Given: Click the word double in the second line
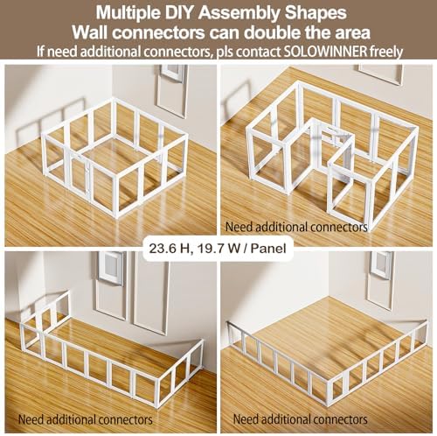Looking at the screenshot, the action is coord(270,32).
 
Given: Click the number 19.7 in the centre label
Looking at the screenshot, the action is coord(209,249).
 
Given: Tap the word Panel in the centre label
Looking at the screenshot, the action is coord(268,249).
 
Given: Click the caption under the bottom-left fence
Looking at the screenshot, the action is coord(86,419).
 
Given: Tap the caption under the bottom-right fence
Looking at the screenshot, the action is coord(300,419).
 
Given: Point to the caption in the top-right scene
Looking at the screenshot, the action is coord(296,227).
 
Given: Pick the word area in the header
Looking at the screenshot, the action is coord(352,33).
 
